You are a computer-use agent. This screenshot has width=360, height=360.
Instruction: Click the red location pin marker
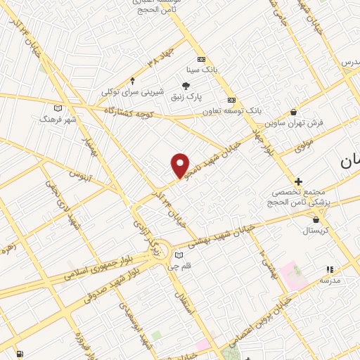point(181,165)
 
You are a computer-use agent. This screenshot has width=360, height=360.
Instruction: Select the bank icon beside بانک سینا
point(202,59)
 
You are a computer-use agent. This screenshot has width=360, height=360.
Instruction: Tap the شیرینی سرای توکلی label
point(132,92)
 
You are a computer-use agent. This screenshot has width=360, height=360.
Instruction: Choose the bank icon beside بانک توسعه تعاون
point(231,100)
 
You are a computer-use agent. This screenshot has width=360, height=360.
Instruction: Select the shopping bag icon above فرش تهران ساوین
point(293,111)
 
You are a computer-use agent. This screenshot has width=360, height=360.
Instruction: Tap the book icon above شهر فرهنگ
point(58,108)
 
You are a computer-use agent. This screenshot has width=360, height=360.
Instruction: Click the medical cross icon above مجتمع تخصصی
point(299,181)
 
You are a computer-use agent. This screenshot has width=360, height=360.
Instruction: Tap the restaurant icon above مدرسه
point(329,269)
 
